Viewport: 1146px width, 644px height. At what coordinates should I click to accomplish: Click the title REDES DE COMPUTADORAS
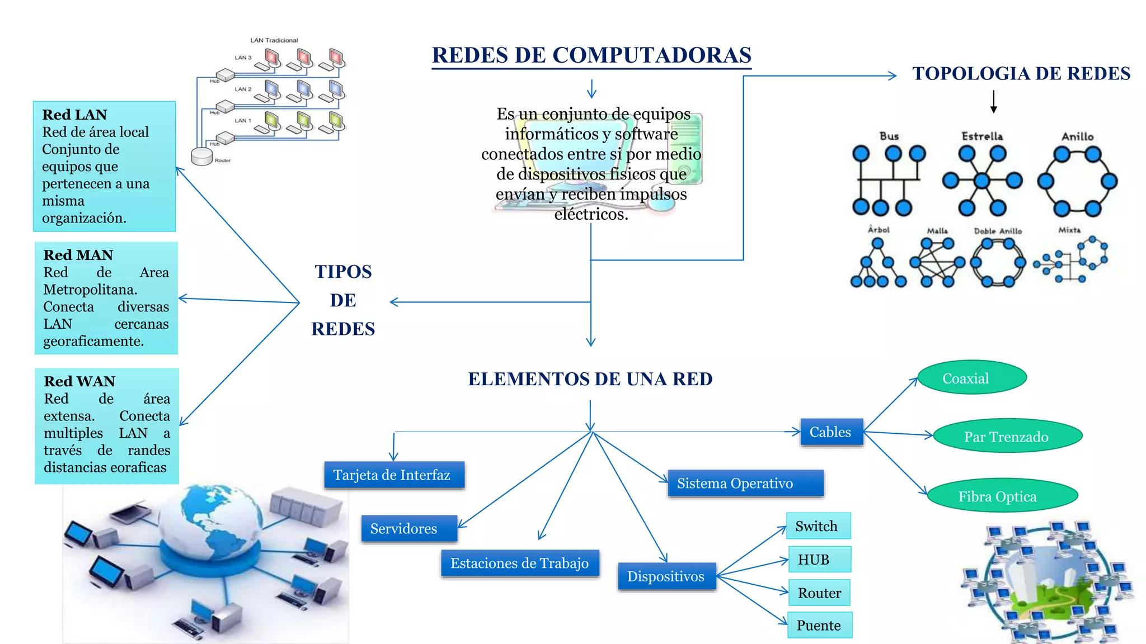pos(591,55)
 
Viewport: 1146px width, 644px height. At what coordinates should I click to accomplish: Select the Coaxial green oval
pos(973,377)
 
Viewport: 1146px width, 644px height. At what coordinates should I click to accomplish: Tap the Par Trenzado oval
pos(1007,436)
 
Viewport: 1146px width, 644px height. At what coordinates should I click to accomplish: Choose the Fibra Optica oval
pos(1002,495)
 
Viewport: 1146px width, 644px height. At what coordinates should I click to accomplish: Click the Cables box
pos(832,432)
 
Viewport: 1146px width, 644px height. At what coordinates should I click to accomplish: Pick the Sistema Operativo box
pos(745,484)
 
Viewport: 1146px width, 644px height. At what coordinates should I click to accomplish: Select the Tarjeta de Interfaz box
pos(394,475)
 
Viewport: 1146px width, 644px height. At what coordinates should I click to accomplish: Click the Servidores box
pos(409,529)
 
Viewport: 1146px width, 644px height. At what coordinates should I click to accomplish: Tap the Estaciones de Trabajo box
pos(520,563)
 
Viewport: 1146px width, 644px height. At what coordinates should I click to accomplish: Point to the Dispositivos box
pos(667,576)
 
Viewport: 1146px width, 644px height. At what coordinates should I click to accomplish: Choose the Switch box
pos(819,526)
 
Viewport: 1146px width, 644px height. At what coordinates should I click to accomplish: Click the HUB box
pos(820,560)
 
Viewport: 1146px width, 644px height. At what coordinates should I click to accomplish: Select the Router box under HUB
pos(819,593)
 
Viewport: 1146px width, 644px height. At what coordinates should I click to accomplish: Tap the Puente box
pos(820,625)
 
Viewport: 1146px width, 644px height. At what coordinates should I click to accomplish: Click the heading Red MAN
pos(78,255)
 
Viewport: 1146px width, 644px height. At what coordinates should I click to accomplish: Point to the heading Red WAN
pos(79,381)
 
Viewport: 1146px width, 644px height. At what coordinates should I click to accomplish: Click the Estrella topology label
pos(982,136)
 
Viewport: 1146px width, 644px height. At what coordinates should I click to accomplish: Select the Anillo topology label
pos(1077,136)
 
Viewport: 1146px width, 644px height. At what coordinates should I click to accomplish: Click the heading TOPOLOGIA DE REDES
pos(1021,74)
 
